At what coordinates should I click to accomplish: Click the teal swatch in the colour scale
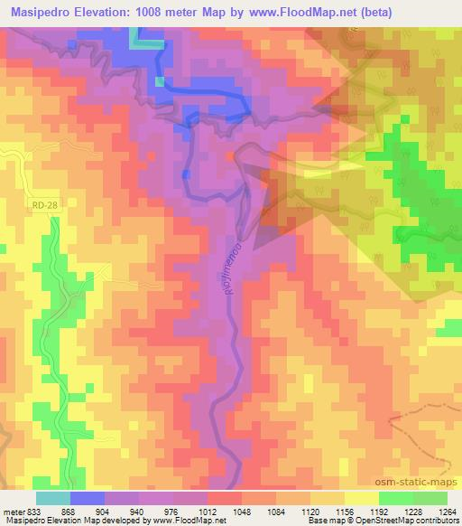click(x=53, y=497)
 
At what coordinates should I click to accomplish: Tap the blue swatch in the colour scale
click(x=88, y=497)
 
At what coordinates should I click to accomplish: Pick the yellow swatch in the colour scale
click(x=361, y=497)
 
